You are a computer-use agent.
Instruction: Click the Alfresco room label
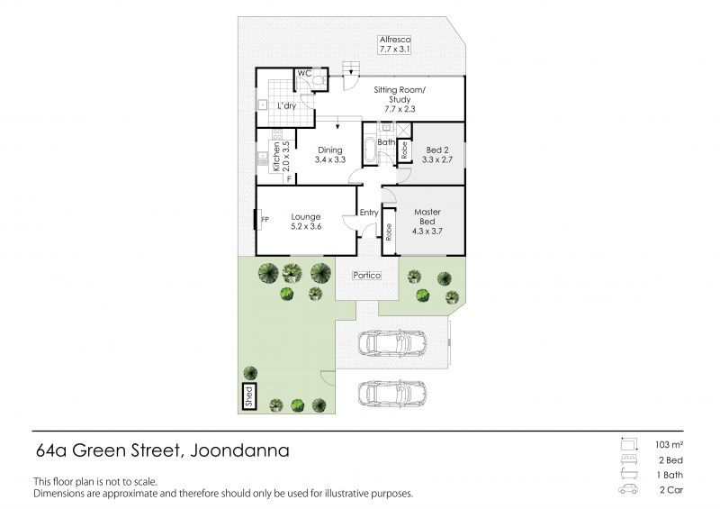click(395, 40)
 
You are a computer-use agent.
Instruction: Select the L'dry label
click(286, 105)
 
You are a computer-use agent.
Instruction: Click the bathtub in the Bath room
click(370, 149)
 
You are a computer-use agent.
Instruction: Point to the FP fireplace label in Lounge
click(265, 220)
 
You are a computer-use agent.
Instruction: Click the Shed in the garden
click(249, 396)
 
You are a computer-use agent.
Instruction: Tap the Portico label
click(367, 276)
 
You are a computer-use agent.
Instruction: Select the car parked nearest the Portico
click(392, 342)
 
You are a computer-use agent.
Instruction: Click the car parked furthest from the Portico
click(392, 394)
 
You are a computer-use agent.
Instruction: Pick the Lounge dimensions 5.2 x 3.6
click(306, 227)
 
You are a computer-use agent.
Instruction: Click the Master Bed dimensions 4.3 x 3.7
click(427, 232)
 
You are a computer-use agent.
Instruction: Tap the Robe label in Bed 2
click(404, 150)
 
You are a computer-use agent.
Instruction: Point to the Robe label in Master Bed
click(389, 232)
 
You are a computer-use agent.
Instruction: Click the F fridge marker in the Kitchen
click(289, 179)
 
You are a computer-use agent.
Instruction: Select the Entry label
click(369, 213)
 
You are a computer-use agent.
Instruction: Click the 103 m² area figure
click(669, 445)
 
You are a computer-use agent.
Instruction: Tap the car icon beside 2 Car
click(627, 489)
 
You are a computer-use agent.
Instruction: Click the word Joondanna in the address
click(239, 450)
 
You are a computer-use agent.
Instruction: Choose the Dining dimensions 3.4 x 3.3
click(330, 160)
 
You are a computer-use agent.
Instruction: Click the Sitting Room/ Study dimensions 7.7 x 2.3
click(400, 109)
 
